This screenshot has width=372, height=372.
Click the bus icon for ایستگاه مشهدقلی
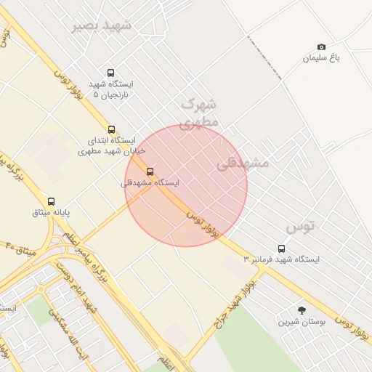click(150, 171)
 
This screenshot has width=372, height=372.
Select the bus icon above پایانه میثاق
click(51, 201)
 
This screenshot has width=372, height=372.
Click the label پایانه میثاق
click(51, 213)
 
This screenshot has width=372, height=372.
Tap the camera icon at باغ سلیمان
click(322, 46)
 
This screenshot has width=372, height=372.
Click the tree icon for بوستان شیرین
click(302, 310)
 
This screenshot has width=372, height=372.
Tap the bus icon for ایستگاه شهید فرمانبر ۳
click(281, 248)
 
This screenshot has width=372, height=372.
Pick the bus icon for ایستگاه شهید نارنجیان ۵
click(110, 73)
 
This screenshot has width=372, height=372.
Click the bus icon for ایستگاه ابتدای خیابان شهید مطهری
click(111, 129)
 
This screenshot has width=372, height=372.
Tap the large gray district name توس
click(300, 227)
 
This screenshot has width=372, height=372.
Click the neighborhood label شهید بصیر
click(102, 25)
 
